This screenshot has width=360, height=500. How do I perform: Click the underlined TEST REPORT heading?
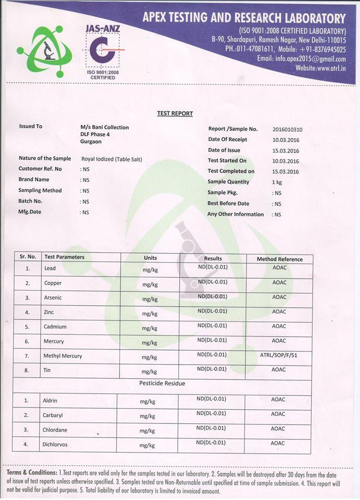(x=175, y=114)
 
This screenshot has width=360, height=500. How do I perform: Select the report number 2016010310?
(x=287, y=129)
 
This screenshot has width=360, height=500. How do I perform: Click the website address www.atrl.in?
(x=320, y=68)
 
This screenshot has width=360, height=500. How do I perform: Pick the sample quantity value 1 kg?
(x=277, y=182)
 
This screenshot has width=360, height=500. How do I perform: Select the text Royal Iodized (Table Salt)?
(x=111, y=159)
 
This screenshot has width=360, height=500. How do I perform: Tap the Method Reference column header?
(x=279, y=259)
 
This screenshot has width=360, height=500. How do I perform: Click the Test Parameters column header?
(x=64, y=257)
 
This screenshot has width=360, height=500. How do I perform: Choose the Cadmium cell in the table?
(x=55, y=327)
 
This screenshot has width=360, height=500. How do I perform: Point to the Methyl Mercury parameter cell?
(x=63, y=356)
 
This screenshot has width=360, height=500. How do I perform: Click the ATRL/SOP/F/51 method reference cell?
(x=279, y=355)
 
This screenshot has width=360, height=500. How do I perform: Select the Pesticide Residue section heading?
(x=162, y=383)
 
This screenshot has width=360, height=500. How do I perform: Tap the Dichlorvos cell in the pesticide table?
(x=55, y=444)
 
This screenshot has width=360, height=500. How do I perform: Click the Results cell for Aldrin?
(x=211, y=399)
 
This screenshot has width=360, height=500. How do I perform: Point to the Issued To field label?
(x=31, y=126)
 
